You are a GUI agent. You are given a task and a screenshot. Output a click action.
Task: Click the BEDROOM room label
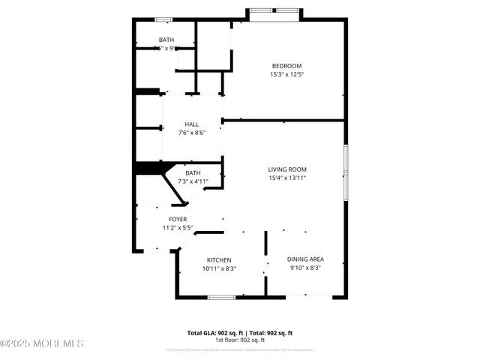286,65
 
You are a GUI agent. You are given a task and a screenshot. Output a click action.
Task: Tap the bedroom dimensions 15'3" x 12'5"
286,74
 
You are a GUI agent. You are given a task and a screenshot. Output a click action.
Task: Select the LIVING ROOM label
287,169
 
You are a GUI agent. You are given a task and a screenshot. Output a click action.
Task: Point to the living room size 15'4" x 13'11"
287,178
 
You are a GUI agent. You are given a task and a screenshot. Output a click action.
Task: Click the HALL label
191,124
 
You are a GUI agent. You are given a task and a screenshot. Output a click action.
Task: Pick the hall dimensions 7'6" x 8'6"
191,133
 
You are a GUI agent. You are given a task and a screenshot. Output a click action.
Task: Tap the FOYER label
178,219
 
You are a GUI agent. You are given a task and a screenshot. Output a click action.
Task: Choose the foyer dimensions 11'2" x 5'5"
178,228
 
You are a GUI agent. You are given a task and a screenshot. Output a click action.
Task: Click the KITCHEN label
219,260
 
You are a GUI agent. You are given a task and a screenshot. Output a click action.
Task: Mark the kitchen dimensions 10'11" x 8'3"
219,268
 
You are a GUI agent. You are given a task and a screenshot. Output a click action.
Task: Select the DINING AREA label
305,259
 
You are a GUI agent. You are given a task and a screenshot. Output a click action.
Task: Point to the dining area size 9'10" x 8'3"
305,268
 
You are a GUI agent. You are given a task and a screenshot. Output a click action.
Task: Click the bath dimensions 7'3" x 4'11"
193,181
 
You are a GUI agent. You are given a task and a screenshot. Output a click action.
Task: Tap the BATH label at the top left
166,40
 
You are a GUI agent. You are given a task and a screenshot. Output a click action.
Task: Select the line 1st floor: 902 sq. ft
239,340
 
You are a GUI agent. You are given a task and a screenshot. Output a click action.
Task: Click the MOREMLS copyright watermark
42,343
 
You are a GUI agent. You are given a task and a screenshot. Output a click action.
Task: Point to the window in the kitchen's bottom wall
221,298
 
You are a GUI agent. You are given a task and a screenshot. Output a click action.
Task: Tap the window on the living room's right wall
346,173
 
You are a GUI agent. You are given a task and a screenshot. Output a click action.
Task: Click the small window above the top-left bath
163,19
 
